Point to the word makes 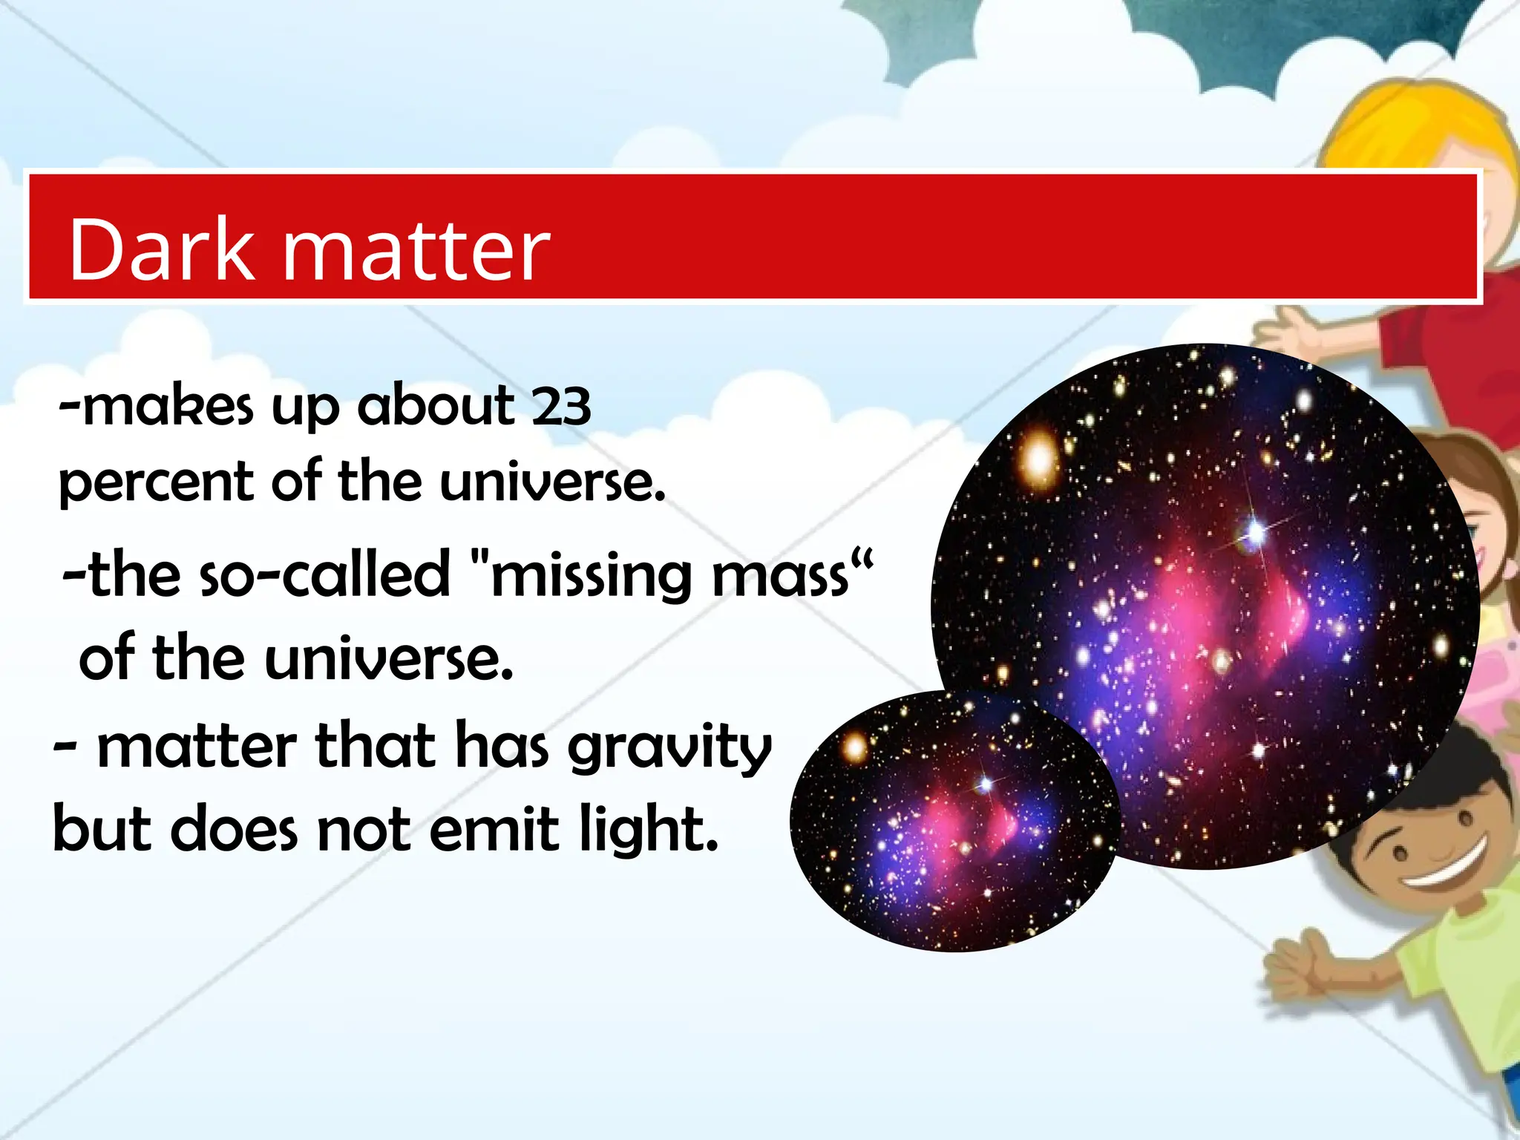click(x=168, y=407)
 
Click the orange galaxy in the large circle click(x=1038, y=459)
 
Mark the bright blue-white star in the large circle click(x=1255, y=531)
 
